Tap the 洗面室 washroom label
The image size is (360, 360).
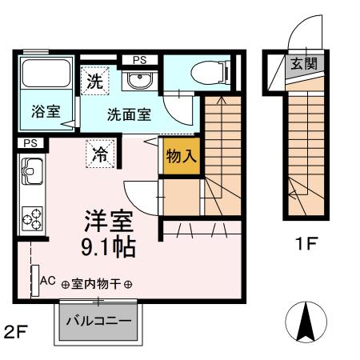pyautogui.click(x=129, y=114)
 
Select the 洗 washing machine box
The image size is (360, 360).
pyautogui.click(x=94, y=81)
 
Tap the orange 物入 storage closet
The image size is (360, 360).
pyautogui.click(x=182, y=155)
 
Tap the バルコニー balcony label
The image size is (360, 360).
pyautogui.click(x=98, y=321)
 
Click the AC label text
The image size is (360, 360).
pyautogui.click(x=47, y=282)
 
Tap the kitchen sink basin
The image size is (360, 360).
pyautogui.click(x=32, y=170)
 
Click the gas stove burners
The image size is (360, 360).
pyautogui.click(x=33, y=216)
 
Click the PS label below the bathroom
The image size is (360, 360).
pyautogui.click(x=30, y=142)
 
